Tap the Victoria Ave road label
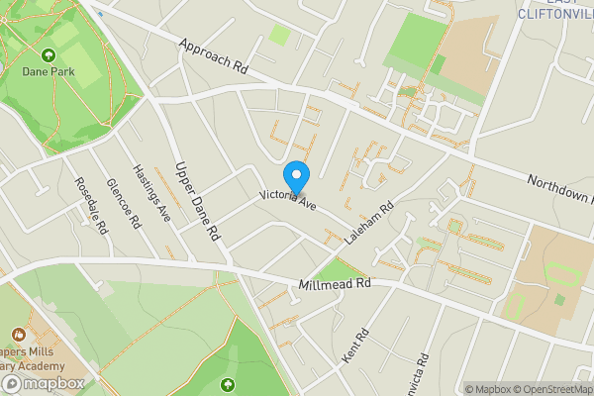pos(287,199)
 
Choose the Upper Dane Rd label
pos(196,202)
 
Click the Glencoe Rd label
pos(123,203)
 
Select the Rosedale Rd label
pos(91,205)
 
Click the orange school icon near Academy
pos(18,337)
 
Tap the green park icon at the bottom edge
pos(229,384)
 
